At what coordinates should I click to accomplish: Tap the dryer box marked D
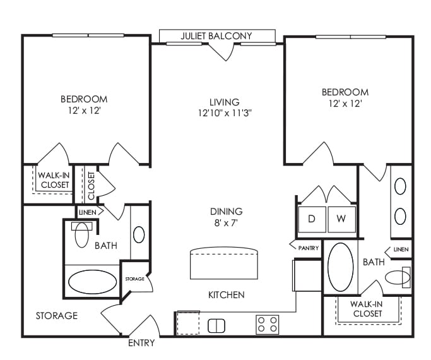tap(312, 219)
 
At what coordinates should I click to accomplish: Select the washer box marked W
tap(341, 219)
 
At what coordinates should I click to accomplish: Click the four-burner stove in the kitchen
tap(267, 325)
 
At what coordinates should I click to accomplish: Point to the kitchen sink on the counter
tap(216, 325)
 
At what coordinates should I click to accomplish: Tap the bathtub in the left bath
tap(92, 281)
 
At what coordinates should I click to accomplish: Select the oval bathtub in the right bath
tap(341, 267)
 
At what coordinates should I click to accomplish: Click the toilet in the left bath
tap(82, 234)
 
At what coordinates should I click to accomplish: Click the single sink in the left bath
tap(139, 234)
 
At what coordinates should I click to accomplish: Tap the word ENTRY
tap(141, 343)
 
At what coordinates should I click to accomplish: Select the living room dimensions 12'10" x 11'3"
tap(225, 114)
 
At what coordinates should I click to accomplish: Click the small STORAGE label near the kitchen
tap(134, 279)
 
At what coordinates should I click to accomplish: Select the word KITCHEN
tap(227, 295)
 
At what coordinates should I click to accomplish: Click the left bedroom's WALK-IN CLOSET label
tap(54, 180)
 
